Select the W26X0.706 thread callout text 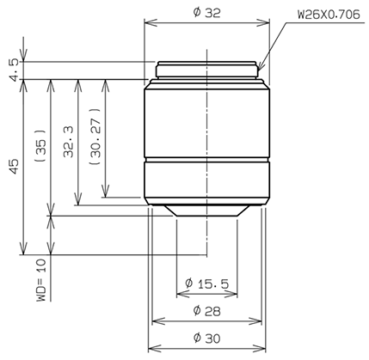(327, 15)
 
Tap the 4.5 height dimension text (11, 70)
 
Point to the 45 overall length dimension (11, 167)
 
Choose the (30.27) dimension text (96, 136)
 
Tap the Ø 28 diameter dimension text (206, 309)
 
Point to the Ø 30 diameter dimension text (206, 338)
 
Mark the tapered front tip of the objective (206, 211)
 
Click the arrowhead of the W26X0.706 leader (259, 66)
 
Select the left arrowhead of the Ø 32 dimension (147, 25)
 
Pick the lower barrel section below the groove (206, 180)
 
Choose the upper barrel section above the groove (206, 120)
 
